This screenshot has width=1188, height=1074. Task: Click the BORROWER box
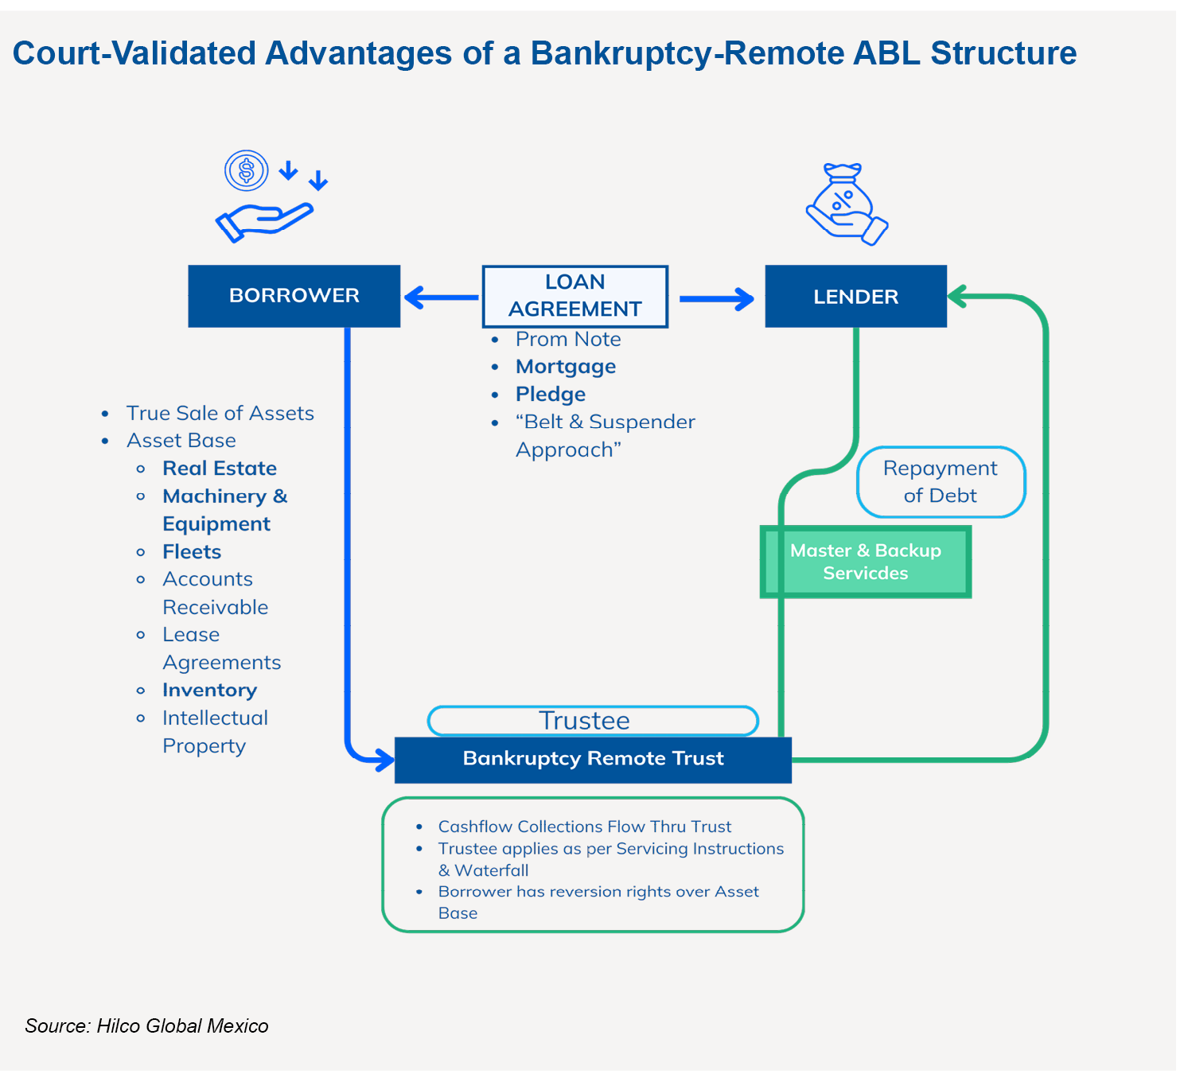tap(294, 296)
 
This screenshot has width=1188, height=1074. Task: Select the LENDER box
tap(855, 297)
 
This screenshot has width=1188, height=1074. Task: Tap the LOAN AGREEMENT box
tap(575, 296)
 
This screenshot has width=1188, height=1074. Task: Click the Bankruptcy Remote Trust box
tap(593, 759)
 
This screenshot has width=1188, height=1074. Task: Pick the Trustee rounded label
tap(593, 721)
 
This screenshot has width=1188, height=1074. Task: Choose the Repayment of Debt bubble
tap(941, 482)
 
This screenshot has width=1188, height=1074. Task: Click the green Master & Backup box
tap(866, 562)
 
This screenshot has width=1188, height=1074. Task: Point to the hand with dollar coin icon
tap(267, 197)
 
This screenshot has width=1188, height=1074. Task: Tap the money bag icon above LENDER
tap(847, 204)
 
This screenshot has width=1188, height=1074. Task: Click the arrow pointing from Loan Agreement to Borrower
tap(440, 298)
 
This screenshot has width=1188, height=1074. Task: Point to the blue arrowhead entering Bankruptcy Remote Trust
tap(383, 760)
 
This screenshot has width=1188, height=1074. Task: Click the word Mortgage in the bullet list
tap(566, 367)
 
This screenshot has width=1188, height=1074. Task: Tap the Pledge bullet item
tap(551, 395)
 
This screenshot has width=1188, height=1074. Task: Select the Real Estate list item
tap(220, 469)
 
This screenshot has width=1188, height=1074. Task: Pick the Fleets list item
tap(192, 552)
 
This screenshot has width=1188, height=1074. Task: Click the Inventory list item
tap(209, 691)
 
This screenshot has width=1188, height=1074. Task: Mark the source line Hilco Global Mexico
tap(147, 1026)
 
